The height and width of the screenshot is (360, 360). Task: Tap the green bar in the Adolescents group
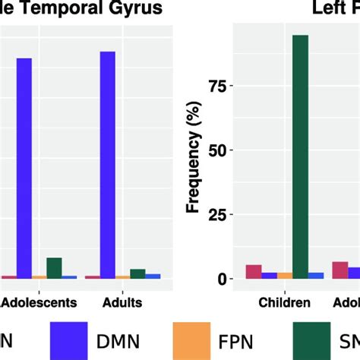point(54,268)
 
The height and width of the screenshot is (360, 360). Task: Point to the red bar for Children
point(254,272)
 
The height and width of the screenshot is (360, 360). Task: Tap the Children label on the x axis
point(285,302)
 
